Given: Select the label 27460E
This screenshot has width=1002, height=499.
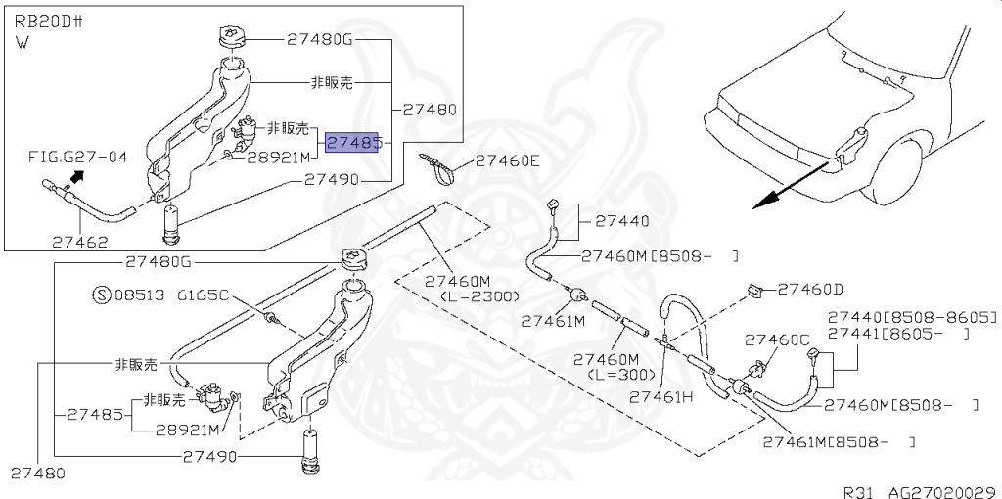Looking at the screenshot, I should (507, 160).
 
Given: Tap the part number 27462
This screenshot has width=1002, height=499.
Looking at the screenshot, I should (81, 242).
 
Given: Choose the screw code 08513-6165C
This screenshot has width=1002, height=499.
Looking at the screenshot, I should (171, 294).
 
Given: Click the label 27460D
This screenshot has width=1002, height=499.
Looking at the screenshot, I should (810, 289).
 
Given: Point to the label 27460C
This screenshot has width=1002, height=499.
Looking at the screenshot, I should (777, 340).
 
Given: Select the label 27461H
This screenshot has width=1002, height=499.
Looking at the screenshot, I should (660, 396).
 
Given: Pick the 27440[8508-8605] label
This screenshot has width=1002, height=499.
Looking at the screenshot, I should (911, 318).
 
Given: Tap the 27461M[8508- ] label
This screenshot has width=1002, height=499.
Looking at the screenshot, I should (840, 441).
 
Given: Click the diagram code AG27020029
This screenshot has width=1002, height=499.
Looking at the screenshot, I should (939, 486).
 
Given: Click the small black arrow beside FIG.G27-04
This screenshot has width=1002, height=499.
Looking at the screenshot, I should (76, 177).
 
